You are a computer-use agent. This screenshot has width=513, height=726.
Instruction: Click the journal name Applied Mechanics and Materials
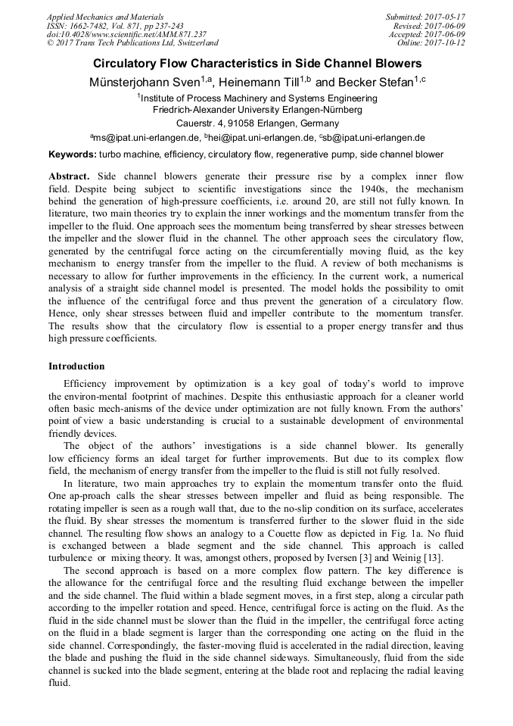[x=105, y=16]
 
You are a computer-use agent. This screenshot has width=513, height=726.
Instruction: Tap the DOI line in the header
[x=126, y=34]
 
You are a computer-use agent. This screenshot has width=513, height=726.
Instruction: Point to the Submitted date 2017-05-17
[x=427, y=16]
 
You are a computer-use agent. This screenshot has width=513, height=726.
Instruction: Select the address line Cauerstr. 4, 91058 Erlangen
[x=256, y=123]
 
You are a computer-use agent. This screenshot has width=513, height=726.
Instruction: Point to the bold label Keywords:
[x=72, y=154]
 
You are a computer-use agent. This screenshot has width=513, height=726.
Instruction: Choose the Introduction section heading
[x=76, y=366]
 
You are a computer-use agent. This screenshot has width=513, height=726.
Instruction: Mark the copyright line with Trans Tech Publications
[x=132, y=43]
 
